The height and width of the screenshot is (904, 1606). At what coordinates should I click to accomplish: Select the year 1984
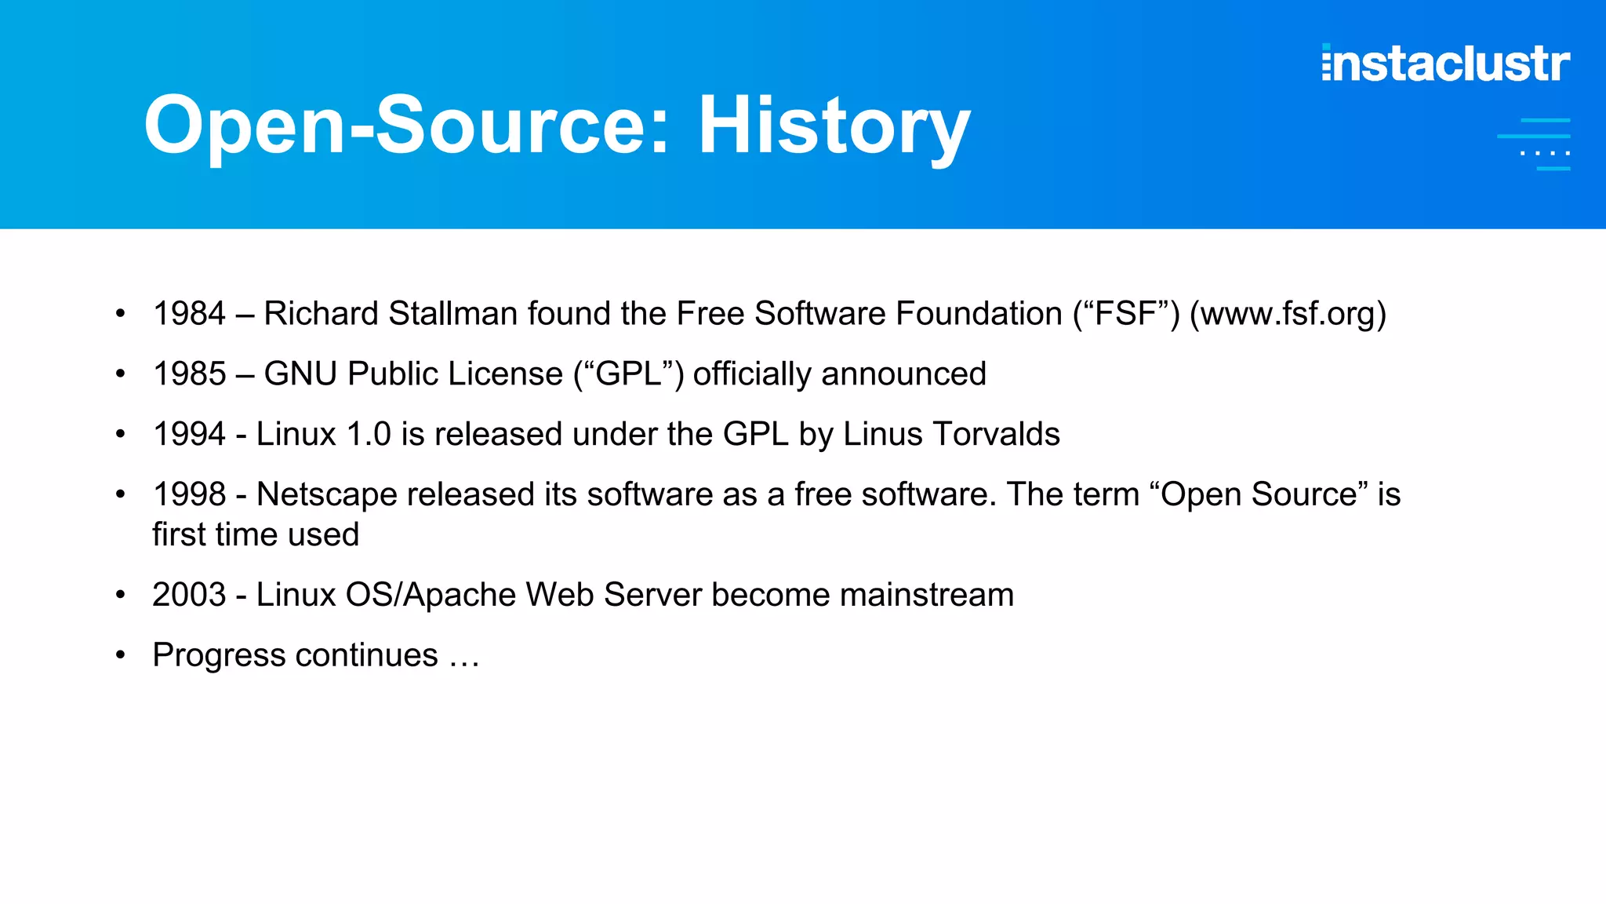[189, 314]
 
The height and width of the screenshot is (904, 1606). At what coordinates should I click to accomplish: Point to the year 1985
[189, 374]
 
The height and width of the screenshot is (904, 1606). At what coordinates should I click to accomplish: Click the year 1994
[189, 434]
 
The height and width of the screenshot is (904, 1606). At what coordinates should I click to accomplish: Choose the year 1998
[189, 494]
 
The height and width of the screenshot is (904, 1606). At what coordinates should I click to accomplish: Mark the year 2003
[189, 595]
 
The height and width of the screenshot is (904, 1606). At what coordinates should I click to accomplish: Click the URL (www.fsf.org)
[1288, 314]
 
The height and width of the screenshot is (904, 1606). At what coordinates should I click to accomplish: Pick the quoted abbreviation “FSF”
[1126, 314]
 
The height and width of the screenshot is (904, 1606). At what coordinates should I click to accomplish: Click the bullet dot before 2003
[120, 595]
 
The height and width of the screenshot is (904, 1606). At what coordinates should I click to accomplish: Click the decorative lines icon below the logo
[1534, 144]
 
